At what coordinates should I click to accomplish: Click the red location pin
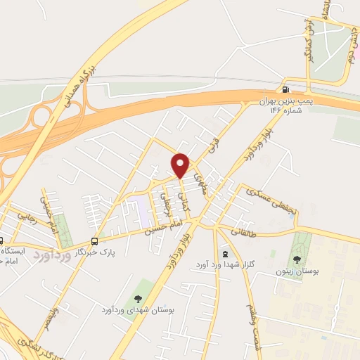[181, 165]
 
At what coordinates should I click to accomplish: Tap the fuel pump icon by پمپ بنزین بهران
[285, 89]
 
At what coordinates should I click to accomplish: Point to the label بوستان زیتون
[305, 271]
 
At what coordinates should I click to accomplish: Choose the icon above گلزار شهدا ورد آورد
[224, 253]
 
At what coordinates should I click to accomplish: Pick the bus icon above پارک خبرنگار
[95, 239]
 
